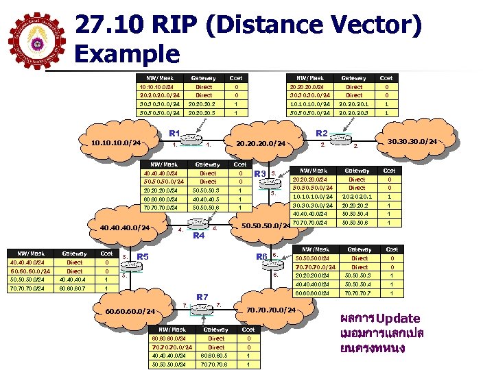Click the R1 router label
click(174, 132)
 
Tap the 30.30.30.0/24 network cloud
click(412, 142)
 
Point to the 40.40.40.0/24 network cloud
click(125, 228)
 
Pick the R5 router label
click(143, 257)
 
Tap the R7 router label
click(202, 297)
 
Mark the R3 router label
click(260, 174)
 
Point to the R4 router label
click(199, 236)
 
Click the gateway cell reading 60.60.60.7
click(73, 288)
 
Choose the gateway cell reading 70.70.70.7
click(360, 293)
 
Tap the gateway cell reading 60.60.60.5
click(215, 355)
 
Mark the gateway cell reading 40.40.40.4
click(73, 280)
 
